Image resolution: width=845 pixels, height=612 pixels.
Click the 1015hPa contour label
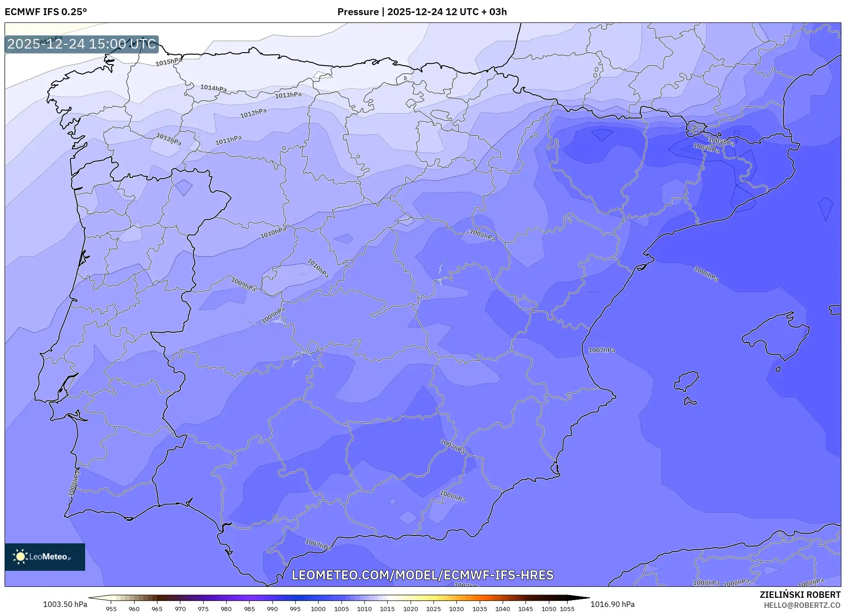[168, 62]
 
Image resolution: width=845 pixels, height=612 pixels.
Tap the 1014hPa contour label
[213, 88]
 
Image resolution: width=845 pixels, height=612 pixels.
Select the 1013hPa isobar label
[288, 95]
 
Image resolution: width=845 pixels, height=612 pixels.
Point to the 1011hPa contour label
[228, 141]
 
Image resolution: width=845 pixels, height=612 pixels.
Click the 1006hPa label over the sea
[706, 274]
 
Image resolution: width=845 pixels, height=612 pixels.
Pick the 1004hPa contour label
[706, 148]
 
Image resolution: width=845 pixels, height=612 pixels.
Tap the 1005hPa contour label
[721, 141]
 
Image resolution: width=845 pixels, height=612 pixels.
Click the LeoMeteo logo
[45, 557]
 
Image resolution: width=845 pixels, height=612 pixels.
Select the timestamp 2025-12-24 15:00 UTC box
[81, 44]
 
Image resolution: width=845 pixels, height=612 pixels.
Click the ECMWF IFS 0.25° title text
[46, 12]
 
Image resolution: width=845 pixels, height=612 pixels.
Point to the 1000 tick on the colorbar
[318, 609]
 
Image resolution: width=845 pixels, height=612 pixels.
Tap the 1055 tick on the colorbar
[567, 609]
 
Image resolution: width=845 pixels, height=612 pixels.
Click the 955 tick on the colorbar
[111, 609]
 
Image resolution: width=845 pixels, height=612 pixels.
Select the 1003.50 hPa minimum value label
[65, 604]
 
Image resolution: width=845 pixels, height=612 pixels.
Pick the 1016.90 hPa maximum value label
[612, 604]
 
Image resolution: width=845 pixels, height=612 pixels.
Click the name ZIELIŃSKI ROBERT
[800, 595]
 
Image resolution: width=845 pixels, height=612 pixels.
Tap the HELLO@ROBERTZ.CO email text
[802, 605]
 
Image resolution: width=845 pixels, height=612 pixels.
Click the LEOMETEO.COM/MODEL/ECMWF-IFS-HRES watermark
[422, 575]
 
